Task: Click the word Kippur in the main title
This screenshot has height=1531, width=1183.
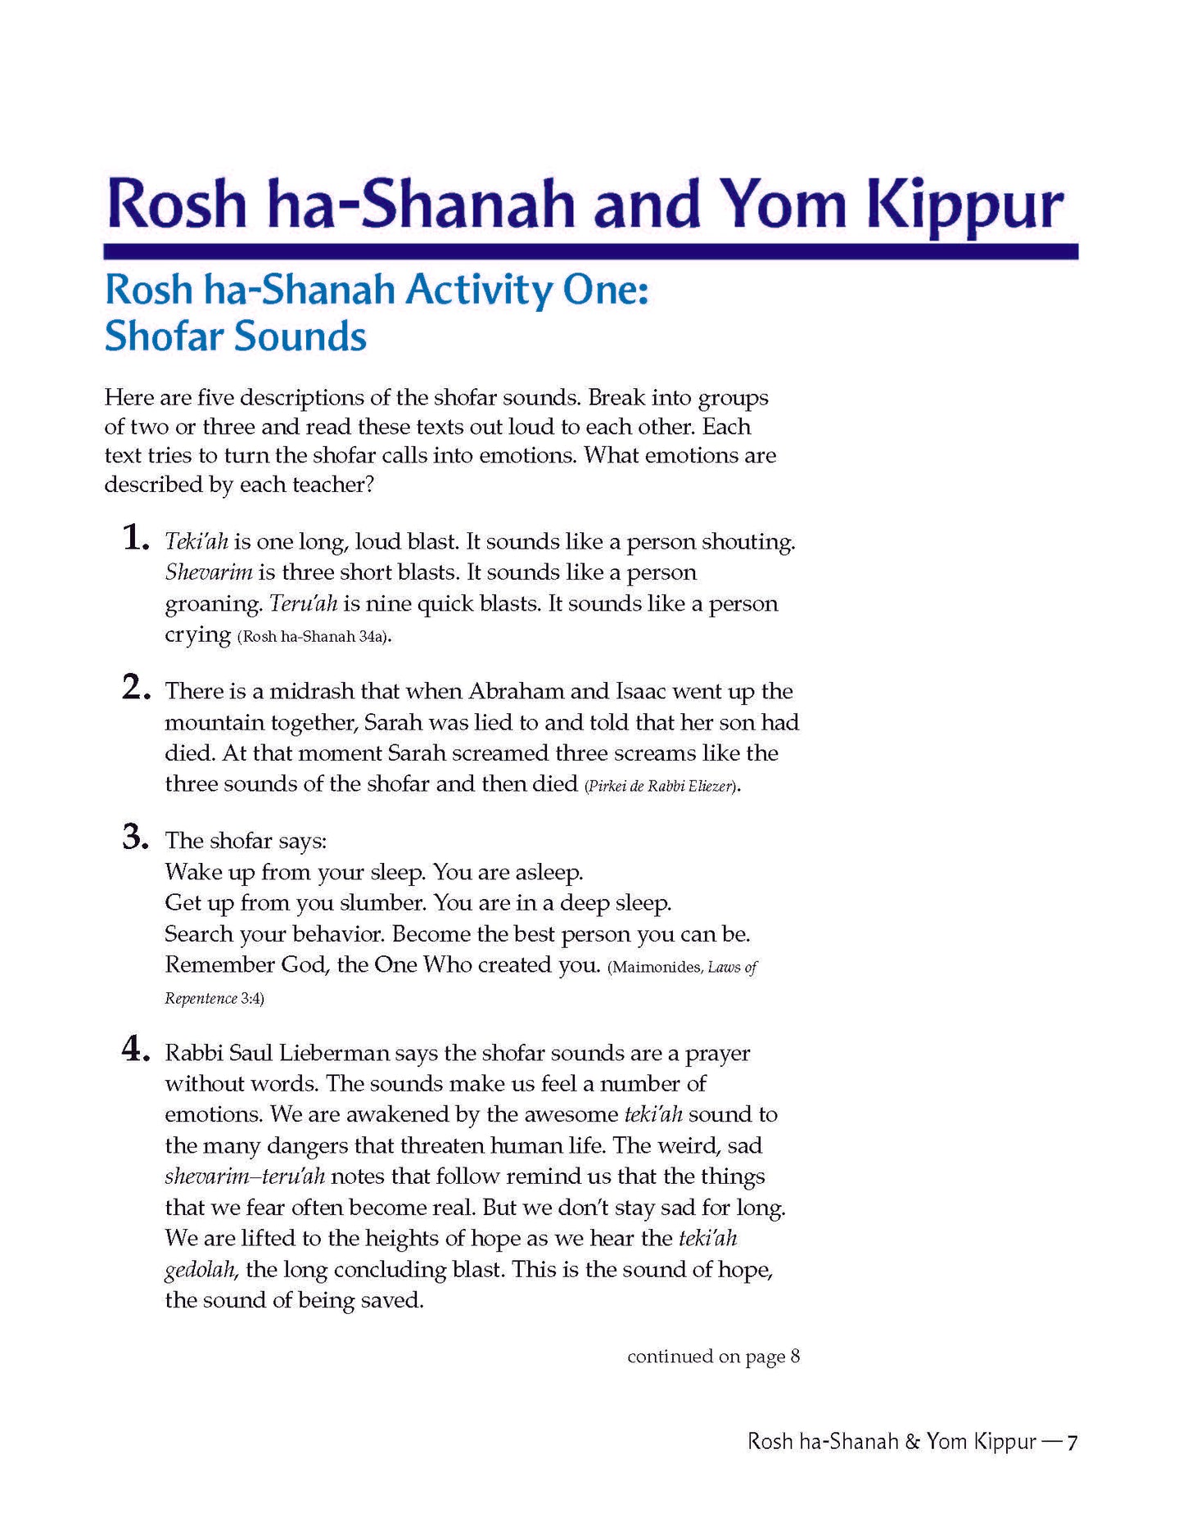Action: (x=965, y=205)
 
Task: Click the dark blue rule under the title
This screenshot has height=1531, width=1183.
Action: (x=590, y=252)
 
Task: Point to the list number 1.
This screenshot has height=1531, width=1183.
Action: (x=134, y=540)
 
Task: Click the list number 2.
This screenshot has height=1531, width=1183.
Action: (x=134, y=689)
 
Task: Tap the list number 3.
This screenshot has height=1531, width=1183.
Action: (x=134, y=838)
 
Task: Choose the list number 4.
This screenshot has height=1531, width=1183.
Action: (x=134, y=1050)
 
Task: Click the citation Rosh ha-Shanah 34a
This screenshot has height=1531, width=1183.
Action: (x=311, y=637)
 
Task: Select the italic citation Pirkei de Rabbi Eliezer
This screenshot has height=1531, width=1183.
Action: (x=660, y=787)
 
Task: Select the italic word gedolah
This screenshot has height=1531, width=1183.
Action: (x=201, y=1271)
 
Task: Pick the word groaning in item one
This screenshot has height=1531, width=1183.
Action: (x=213, y=605)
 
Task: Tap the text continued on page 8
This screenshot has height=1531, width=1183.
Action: (x=713, y=1357)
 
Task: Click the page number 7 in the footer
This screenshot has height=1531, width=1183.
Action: (x=1071, y=1443)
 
